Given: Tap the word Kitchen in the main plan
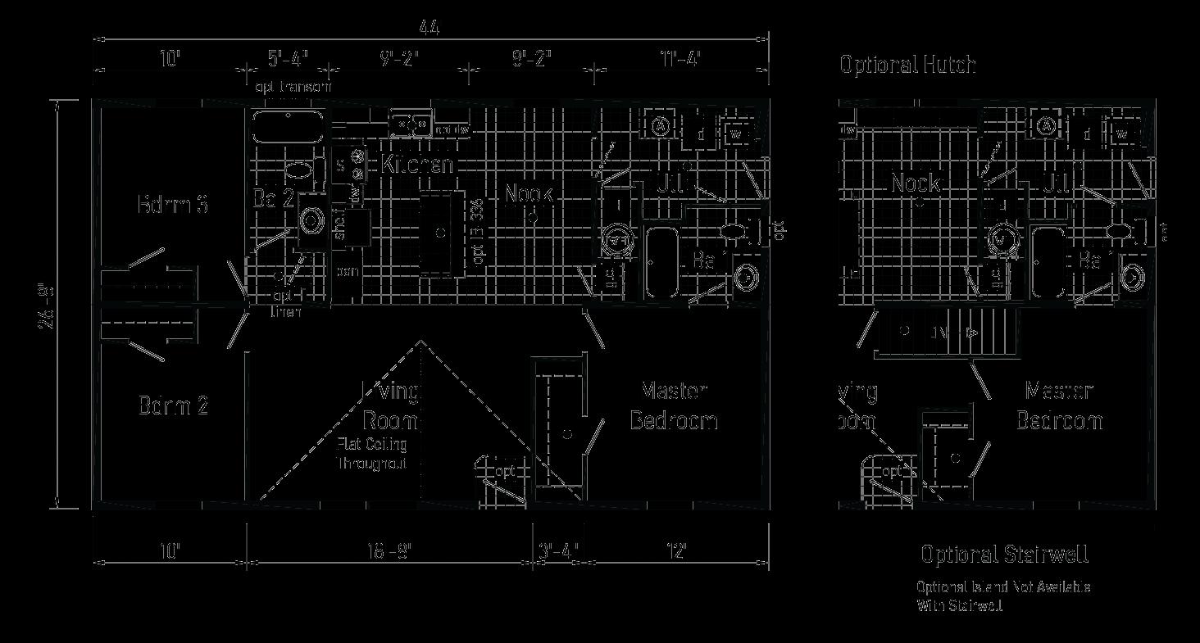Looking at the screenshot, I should pos(416,164).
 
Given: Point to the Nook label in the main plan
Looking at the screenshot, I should pos(529,194).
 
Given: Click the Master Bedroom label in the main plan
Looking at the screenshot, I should pos(674,405).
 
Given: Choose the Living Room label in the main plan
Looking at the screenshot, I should pos(391,406).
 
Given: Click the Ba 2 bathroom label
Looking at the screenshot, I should pos(273,198).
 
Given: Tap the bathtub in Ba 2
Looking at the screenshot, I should pos(288,126).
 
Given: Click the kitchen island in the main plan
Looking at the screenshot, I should pos(441,233).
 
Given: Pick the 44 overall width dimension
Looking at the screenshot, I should pos(429,29).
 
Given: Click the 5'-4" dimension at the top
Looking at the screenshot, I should pos(287,59).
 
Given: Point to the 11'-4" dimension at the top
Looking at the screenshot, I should pos(681,59).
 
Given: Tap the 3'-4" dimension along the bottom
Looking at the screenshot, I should pos(560,550).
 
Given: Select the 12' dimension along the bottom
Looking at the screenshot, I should pos(677,550).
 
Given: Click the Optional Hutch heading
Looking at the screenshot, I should pos(907,65).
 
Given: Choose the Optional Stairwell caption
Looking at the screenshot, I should pos(1004,555).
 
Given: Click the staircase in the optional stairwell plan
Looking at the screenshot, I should pos(943,333).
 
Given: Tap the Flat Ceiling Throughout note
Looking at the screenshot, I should pos(372,454).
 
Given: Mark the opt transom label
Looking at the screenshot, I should pos(293,86).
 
